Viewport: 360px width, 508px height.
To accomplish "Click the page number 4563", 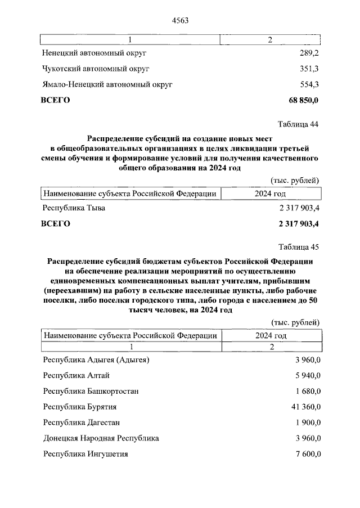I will pos(179,21).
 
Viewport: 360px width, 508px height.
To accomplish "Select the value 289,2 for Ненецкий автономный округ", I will pos(309,54).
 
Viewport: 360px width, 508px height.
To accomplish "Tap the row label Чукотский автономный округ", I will pos(96,69).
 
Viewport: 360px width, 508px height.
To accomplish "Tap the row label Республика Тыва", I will pos(74,208).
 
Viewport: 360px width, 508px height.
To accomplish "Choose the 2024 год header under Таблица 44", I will pos(271,194).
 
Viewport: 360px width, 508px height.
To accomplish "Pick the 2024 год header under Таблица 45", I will pos(271,335).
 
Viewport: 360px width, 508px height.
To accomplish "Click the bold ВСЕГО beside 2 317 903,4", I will pos(56,223).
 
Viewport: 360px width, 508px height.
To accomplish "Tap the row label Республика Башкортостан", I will pos(91,391).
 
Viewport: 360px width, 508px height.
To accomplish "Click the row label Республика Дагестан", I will pos(82,422).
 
